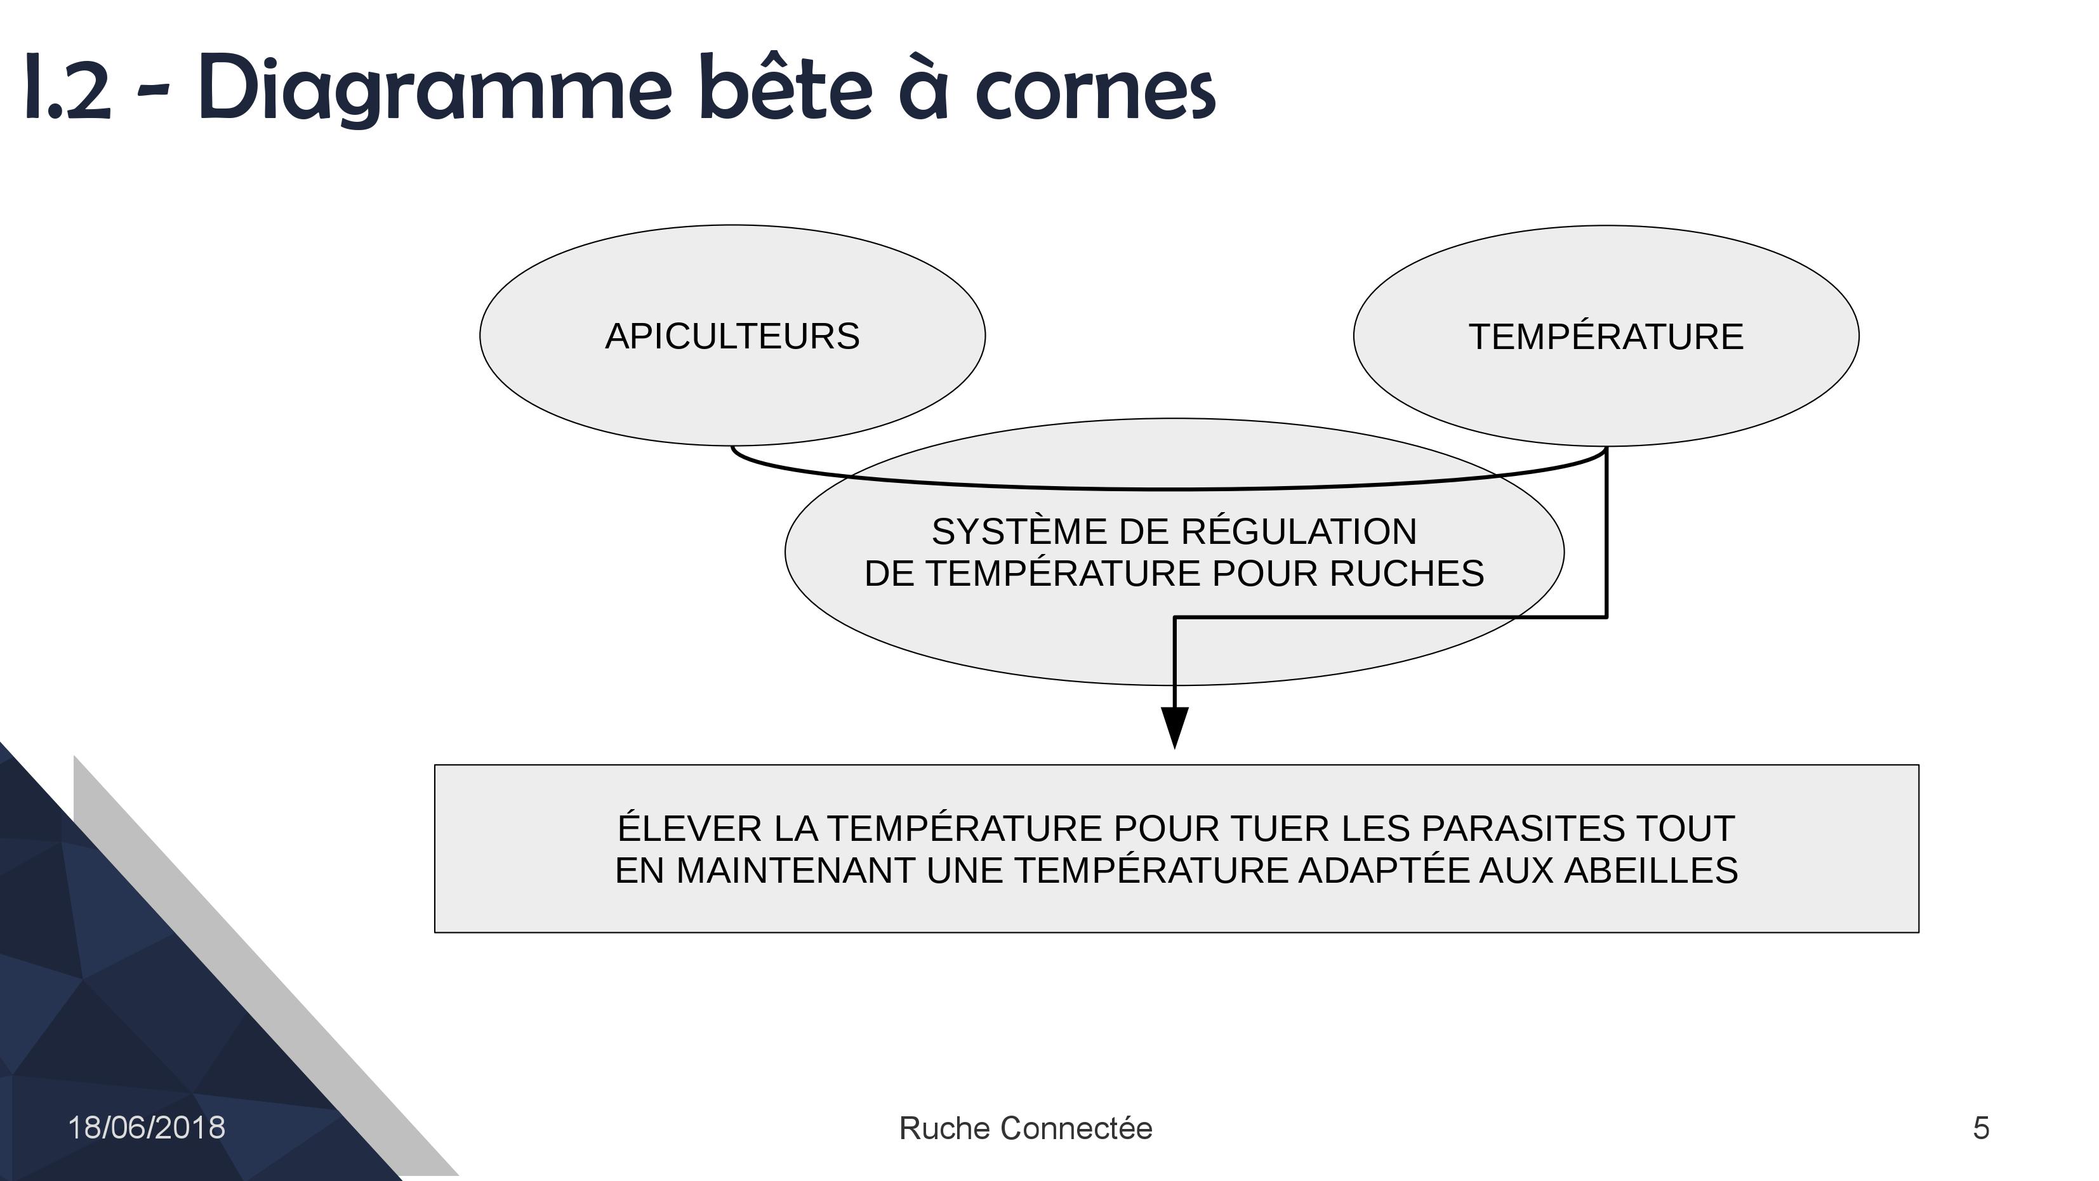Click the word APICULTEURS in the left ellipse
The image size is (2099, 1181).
tap(732, 336)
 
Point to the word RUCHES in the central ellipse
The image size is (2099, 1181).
tap(1407, 574)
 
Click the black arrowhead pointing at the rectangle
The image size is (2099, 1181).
tap(1174, 728)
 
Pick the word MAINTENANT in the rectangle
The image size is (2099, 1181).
tap(796, 871)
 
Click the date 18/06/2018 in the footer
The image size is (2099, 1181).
tap(147, 1128)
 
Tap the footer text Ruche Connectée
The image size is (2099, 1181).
tap(1026, 1128)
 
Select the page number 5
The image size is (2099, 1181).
tap(1981, 1128)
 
